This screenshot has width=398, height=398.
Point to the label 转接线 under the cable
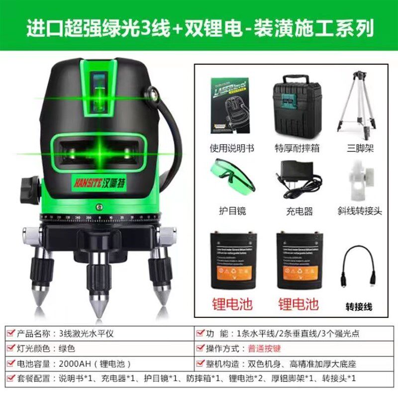point(359,306)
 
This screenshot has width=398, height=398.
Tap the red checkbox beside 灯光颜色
point(10,349)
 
